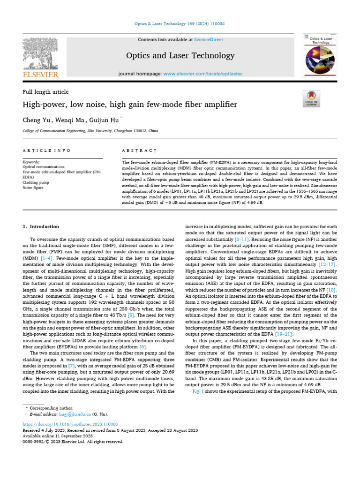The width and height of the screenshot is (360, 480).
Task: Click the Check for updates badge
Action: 311,97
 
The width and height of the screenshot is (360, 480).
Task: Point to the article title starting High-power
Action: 130,105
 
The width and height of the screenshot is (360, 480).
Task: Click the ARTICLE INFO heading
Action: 47,150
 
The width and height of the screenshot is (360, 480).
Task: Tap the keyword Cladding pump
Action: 36,182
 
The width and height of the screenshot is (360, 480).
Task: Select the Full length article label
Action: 45,92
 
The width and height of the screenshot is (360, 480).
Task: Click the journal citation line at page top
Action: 180,23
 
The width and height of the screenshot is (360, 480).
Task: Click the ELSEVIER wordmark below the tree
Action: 41,75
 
